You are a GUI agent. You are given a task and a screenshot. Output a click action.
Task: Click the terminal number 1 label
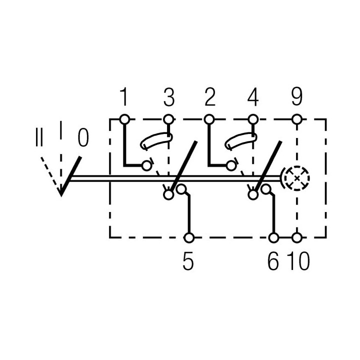pyautogui.click(x=124, y=97)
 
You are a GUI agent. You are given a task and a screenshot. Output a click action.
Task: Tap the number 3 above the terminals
pyautogui.click(x=169, y=97)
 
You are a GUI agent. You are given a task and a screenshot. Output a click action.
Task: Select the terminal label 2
pyautogui.click(x=210, y=97)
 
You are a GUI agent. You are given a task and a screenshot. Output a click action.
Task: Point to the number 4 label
pyautogui.click(x=253, y=97)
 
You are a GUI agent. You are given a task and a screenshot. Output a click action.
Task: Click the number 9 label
pyautogui.click(x=296, y=97)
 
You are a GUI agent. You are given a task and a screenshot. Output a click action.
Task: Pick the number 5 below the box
pyautogui.click(x=188, y=261)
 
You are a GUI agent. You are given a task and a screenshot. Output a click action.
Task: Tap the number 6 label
pyautogui.click(x=273, y=261)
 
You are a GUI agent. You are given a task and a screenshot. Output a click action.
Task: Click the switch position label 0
pyautogui.click(x=83, y=137)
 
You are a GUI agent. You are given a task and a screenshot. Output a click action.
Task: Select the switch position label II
pyautogui.click(x=39, y=137)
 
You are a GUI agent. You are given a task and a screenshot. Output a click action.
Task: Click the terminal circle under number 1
pyautogui.click(x=124, y=119)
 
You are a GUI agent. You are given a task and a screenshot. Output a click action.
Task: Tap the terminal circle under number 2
pyautogui.click(x=209, y=119)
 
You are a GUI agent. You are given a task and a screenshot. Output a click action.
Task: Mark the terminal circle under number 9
pyautogui.click(x=297, y=119)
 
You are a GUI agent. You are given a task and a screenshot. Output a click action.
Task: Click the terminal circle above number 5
pyautogui.click(x=189, y=238)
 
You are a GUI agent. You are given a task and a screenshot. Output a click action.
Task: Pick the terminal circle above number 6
pyautogui.click(x=273, y=238)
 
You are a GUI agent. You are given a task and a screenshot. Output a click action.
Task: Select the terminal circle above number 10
pyautogui.click(x=297, y=238)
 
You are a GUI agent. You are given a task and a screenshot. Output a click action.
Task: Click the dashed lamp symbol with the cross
pyautogui.click(x=296, y=178)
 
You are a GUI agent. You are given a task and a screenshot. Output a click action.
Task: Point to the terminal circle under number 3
pyautogui.click(x=168, y=119)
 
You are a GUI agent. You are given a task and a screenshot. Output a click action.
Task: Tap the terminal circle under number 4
pyautogui.click(x=253, y=119)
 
